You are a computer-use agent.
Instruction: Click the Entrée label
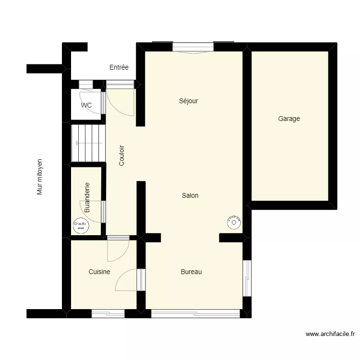tap(119, 68)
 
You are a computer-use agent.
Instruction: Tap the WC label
tap(86, 105)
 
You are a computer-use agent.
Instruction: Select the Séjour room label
tap(189, 101)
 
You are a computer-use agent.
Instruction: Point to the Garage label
tap(289, 119)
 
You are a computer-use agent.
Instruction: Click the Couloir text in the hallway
tap(122, 156)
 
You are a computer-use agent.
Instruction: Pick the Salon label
tap(190, 195)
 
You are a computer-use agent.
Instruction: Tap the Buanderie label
tap(87, 197)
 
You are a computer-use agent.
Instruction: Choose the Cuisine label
tap(99, 272)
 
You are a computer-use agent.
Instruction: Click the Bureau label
tap(191, 272)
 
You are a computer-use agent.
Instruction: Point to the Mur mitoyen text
tap(40, 177)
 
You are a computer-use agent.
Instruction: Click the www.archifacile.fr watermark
tap(330, 334)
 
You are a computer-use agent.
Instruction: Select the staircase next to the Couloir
tap(88, 143)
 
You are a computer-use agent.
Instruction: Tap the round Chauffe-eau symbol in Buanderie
tap(80, 226)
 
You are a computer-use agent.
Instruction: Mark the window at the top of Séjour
tap(193, 47)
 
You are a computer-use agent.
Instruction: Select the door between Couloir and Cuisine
tap(118, 248)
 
